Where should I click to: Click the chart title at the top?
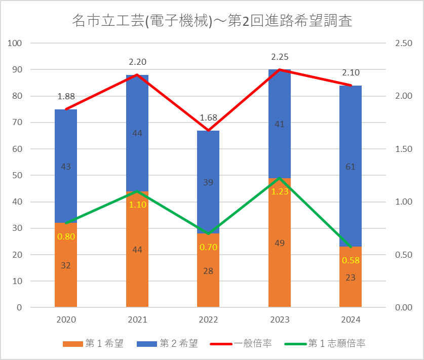pyautogui.click(x=212, y=21)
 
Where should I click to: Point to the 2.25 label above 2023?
pyautogui.click(x=280, y=57)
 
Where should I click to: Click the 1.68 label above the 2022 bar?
pyautogui.click(x=208, y=117)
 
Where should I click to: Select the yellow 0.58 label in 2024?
pyautogui.click(x=351, y=260)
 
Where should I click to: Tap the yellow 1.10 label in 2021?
pyautogui.click(x=137, y=205)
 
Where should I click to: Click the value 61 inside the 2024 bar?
pyautogui.click(x=351, y=167)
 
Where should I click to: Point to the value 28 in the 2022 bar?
pyautogui.click(x=208, y=271)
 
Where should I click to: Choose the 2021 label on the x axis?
pyautogui.click(x=137, y=320)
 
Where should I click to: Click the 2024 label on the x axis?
pyautogui.click(x=351, y=320)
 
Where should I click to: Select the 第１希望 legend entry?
pyautogui.click(x=94, y=344)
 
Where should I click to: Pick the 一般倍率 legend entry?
pyautogui.click(x=243, y=344)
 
